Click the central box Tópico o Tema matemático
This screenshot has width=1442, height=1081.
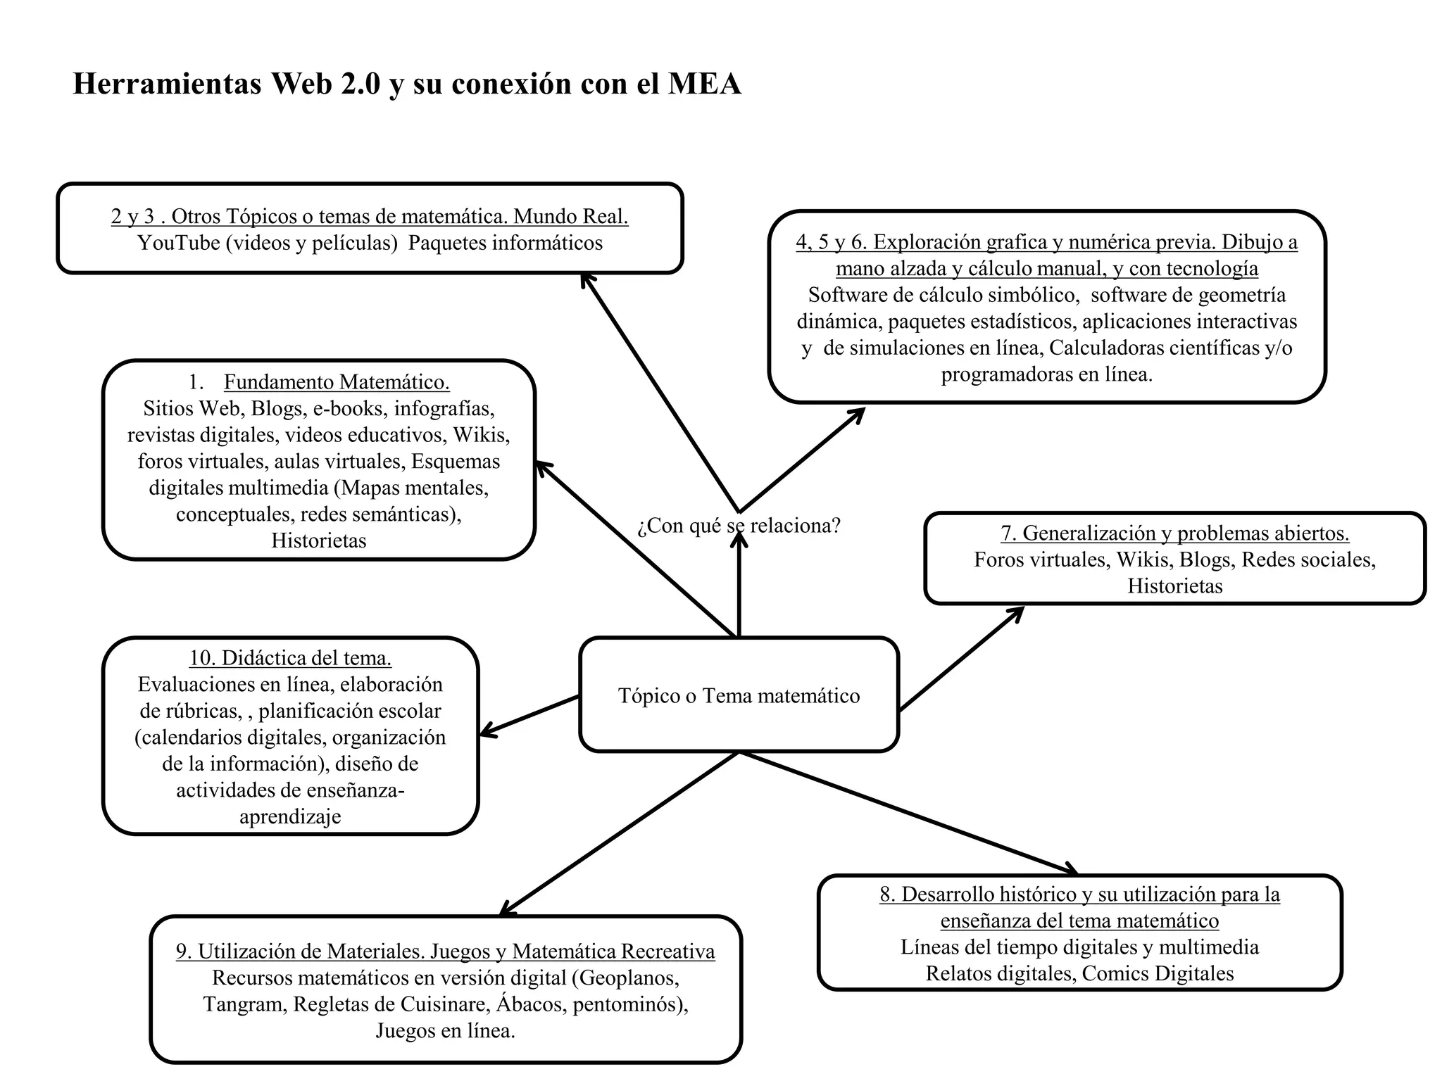coord(739,695)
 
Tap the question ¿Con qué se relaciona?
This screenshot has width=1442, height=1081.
coord(739,526)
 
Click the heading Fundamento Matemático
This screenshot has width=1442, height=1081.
coord(337,382)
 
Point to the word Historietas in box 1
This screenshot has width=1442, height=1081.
coord(319,540)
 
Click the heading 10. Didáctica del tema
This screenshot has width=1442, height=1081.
coord(290,658)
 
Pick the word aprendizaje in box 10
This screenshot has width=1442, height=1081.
coord(290,816)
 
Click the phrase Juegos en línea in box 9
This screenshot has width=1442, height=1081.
coord(445,1030)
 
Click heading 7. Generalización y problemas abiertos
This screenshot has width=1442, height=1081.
coord(1174,533)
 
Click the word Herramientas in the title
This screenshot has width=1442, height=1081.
coord(167,84)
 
